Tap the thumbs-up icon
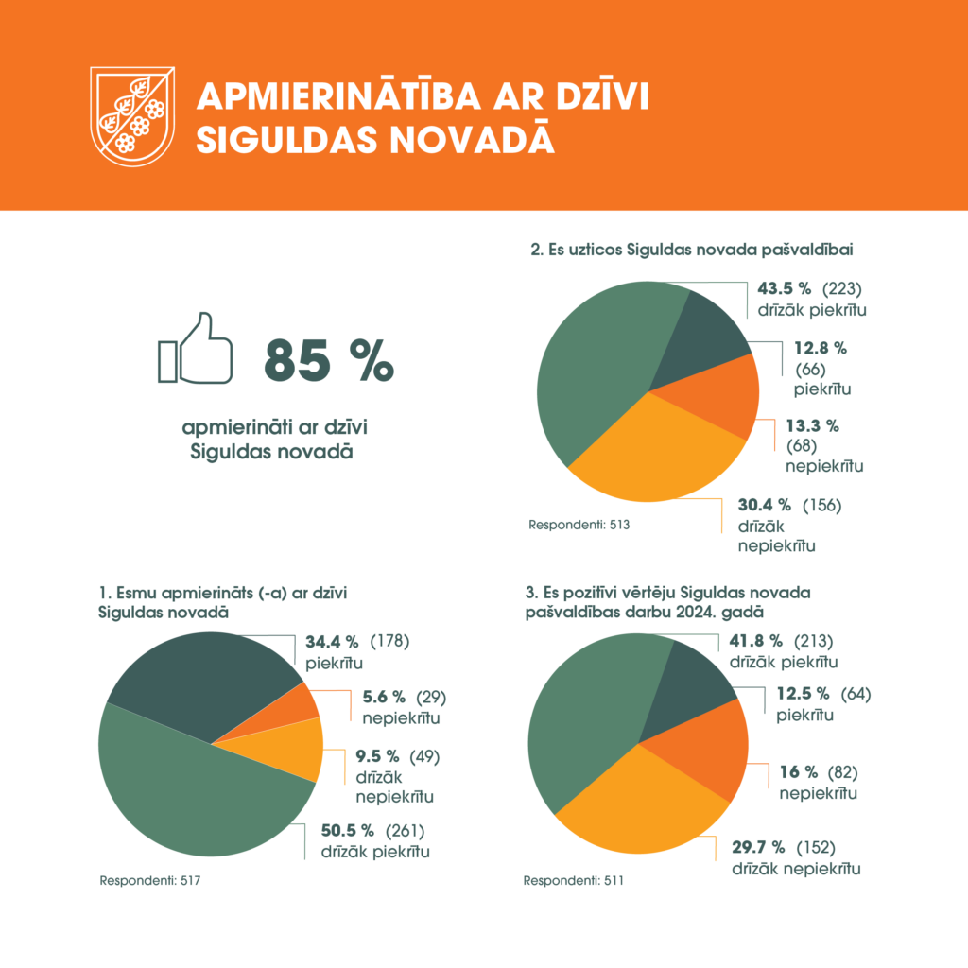(x=196, y=350)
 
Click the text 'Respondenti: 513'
(x=579, y=524)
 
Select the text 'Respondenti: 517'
(x=151, y=881)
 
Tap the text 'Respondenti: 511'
(x=574, y=881)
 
